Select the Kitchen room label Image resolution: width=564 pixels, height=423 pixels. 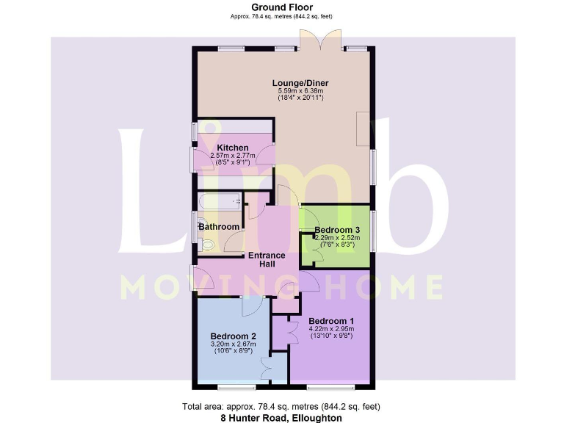232,148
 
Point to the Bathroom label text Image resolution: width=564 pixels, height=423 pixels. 219,227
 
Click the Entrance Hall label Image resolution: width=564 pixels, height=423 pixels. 267,259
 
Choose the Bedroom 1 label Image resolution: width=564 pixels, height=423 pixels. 331,321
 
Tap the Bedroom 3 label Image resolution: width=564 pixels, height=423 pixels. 337,230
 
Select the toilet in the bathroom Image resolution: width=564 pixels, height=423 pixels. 206,245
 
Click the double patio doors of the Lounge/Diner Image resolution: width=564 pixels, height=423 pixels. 320,40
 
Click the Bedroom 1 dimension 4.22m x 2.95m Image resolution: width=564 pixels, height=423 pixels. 331,329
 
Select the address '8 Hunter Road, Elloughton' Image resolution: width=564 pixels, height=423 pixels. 282,417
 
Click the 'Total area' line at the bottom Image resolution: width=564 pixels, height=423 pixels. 282,407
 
